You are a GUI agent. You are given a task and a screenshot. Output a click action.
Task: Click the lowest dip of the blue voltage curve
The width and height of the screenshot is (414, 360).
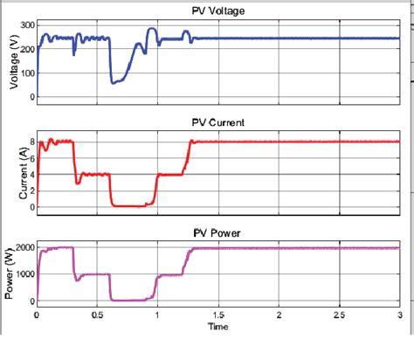pos(114,82)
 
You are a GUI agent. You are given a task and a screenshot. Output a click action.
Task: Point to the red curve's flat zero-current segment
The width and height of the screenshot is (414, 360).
pos(131,205)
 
